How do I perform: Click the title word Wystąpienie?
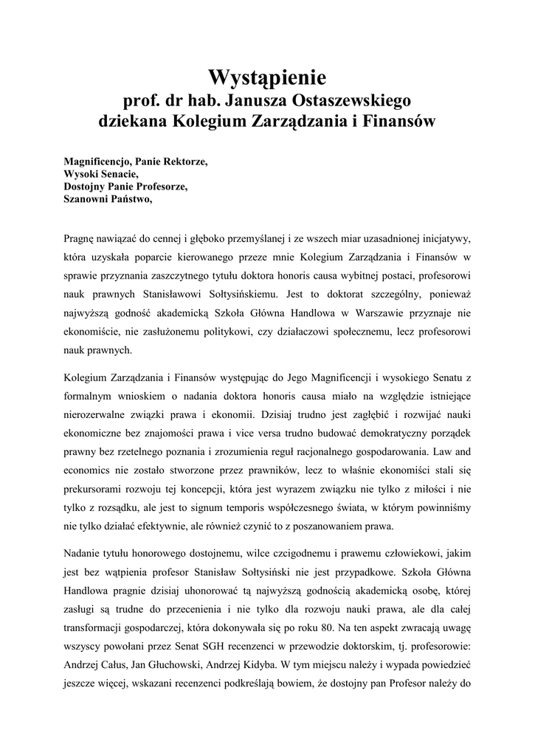click(267, 77)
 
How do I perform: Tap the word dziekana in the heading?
click(133, 121)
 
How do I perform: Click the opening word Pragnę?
click(80, 240)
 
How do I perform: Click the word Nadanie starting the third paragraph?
click(83, 555)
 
